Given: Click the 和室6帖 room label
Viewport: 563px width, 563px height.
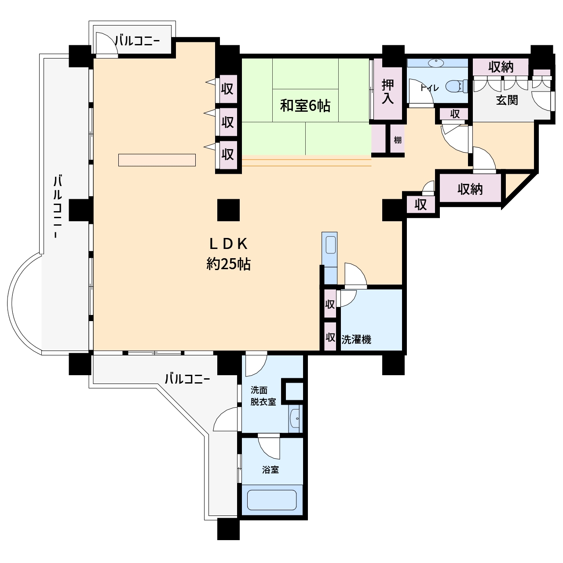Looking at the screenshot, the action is point(305,106).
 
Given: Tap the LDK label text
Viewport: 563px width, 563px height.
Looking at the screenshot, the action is point(228,244).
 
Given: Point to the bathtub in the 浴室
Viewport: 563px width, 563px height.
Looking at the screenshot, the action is point(272,500).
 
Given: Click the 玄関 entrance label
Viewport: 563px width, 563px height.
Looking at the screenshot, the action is point(507,100).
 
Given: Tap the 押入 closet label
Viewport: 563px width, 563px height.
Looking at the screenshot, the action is point(388,91).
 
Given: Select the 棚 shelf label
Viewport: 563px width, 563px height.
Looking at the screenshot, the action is point(398,140).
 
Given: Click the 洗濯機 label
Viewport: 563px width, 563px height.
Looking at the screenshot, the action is point(356,340).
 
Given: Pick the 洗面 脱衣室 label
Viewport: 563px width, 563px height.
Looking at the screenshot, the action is point(263,396).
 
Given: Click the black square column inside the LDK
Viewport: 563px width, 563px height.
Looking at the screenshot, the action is point(228,210).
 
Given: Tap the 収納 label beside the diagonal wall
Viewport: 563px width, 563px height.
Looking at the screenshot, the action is point(470,189).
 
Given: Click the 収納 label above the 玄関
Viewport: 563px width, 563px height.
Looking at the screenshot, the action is point(501,67).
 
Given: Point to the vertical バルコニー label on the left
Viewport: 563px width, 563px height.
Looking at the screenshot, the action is point(58,206).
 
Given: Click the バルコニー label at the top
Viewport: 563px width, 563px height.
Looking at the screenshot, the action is point(137,41).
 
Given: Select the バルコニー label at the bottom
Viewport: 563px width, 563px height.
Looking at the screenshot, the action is point(187,380).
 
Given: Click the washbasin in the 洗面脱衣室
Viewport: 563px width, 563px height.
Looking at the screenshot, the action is point(296,419).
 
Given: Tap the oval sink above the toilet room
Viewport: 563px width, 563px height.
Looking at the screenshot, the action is point(435,63).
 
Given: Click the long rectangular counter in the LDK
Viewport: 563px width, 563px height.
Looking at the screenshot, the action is point(157,160).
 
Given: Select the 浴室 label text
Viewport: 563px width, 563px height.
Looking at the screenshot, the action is point(270,470).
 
